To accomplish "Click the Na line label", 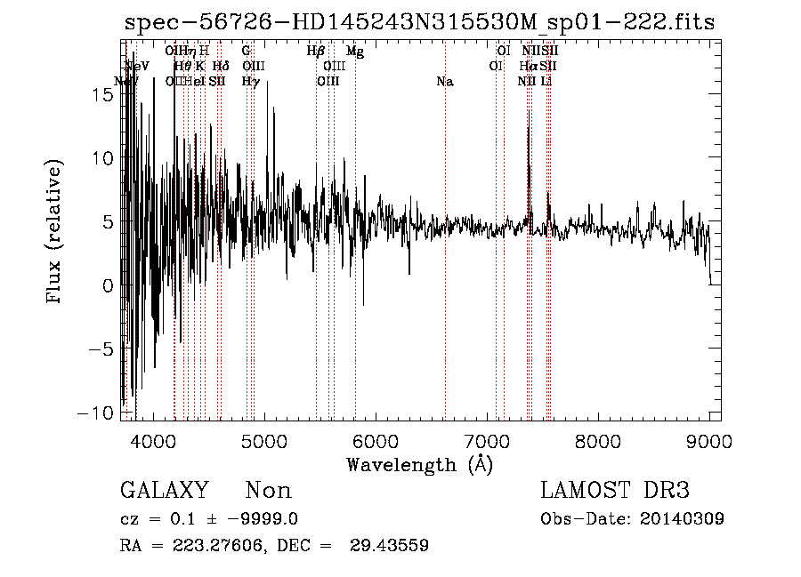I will coord(445,82).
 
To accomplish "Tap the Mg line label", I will coord(355,52).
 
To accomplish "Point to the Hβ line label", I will coord(315,52).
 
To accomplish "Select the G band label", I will coord(247,52).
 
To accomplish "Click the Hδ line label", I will coord(221,67).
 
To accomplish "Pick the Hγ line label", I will coord(250,82).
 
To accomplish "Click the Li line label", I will coord(547,82).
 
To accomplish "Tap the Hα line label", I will coord(529,67).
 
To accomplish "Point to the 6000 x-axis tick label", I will coord(375,441).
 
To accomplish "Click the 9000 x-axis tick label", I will coord(709,441).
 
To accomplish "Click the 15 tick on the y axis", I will coord(103,95).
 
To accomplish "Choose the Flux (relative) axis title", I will coord(55,233).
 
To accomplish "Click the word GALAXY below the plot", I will coord(164,491).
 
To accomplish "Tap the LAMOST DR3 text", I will coord(615,491).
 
